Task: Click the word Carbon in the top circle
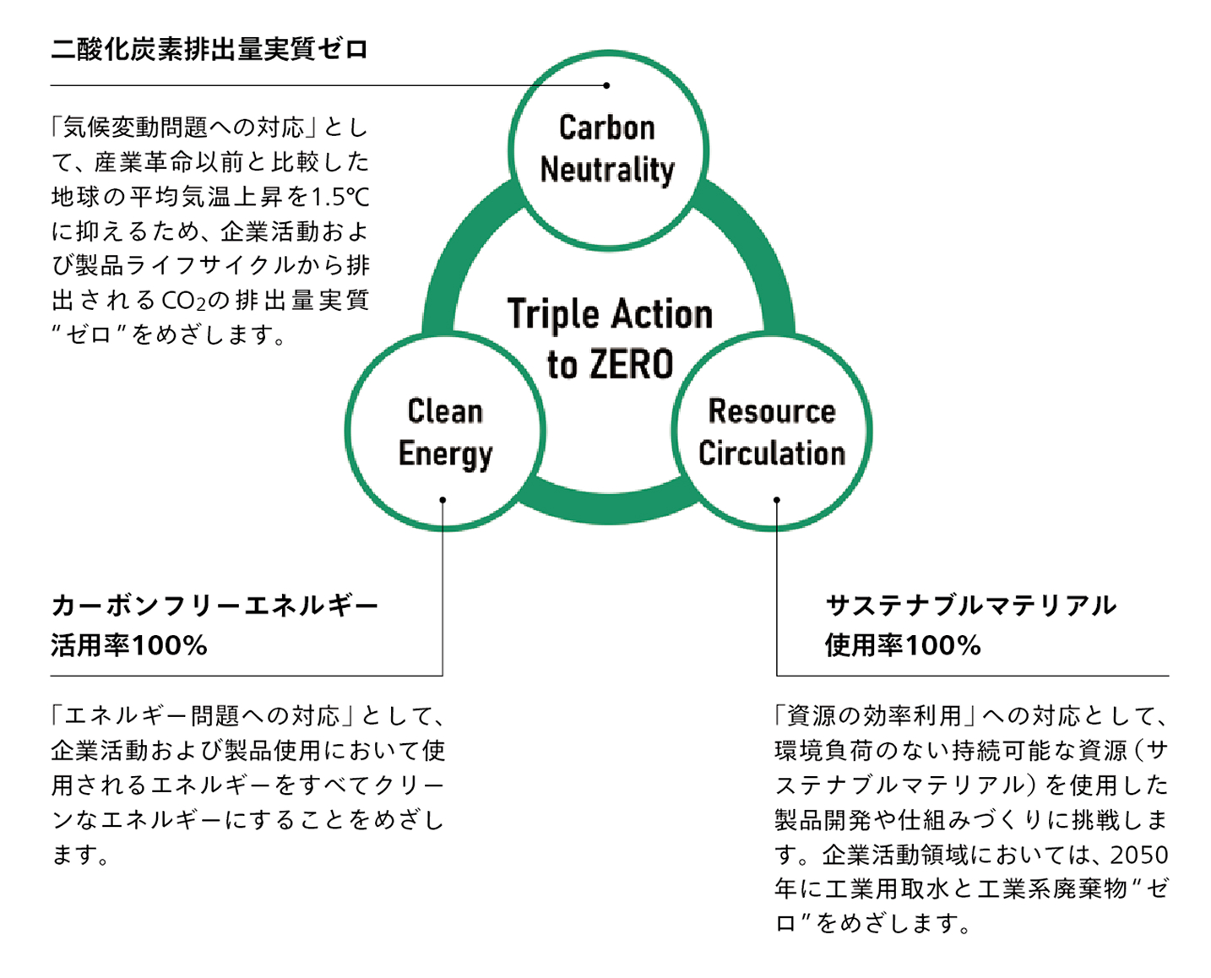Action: click(606, 128)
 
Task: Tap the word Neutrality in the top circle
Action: click(607, 170)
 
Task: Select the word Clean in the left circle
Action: click(445, 411)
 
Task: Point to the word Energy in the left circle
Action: click(445, 454)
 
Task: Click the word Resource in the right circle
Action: click(772, 411)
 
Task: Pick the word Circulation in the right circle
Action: click(772, 454)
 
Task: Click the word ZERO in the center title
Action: click(632, 365)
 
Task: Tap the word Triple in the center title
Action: click(553, 314)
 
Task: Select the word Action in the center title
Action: click(662, 314)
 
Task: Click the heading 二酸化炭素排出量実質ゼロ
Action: click(209, 49)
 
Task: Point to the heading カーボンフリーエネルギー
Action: click(215, 605)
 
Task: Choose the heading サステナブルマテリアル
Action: click(970, 605)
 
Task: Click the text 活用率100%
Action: click(128, 646)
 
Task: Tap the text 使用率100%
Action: click(903, 646)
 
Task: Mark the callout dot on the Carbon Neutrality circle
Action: click(606, 85)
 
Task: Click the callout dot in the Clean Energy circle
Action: click(443, 500)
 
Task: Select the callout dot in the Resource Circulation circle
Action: click(777, 500)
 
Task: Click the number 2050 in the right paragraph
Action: click(1139, 855)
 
